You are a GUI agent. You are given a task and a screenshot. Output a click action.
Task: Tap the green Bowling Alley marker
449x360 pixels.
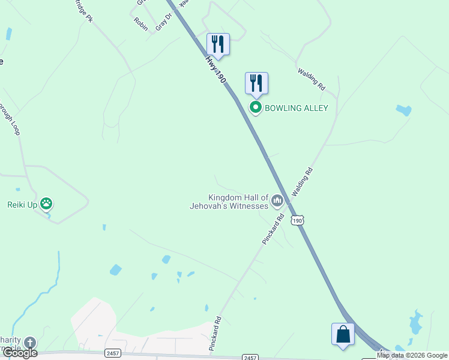(256, 108)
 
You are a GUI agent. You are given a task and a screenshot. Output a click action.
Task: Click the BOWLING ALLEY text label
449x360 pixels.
(297, 108)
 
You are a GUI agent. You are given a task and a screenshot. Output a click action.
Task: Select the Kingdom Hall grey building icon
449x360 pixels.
(277, 200)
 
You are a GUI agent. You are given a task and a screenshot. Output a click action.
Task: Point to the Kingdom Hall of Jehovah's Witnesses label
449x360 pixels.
(238, 202)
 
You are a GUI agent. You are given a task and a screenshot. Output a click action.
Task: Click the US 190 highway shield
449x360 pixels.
(297, 221)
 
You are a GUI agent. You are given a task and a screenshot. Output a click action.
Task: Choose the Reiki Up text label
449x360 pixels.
(22, 205)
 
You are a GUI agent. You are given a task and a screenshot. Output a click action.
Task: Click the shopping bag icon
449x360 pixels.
(343, 334)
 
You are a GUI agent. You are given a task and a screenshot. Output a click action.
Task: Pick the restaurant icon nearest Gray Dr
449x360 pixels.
(218, 44)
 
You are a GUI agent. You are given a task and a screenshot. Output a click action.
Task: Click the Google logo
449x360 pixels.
(19, 352)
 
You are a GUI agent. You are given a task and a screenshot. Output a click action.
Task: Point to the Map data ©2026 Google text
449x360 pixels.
(412, 355)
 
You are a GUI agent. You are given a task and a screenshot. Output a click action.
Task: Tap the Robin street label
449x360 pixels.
(141, 23)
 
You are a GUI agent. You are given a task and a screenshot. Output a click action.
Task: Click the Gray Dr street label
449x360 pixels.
(163, 22)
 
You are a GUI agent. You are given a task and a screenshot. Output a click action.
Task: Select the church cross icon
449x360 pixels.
(29, 343)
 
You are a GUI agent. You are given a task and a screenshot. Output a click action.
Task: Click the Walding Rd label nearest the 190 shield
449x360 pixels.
(303, 182)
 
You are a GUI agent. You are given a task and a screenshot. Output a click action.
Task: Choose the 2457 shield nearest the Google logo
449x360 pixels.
(113, 353)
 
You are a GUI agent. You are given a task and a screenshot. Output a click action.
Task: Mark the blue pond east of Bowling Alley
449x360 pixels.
(403, 110)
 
